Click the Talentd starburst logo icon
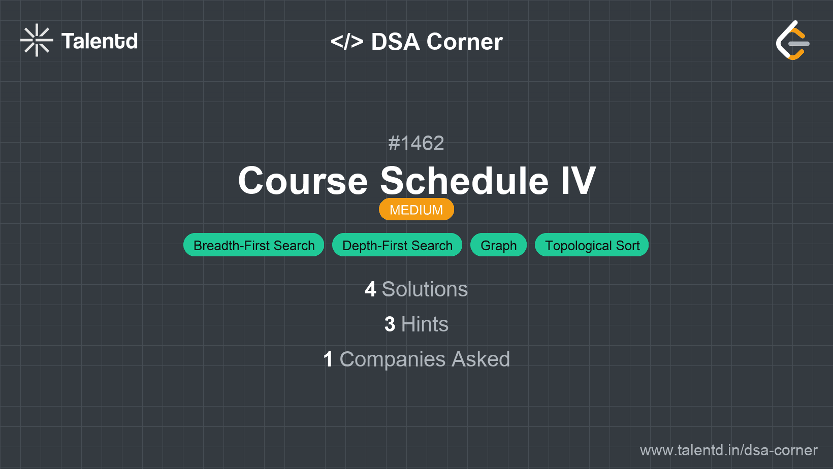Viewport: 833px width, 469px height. (x=37, y=40)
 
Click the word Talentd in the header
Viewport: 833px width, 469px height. (x=100, y=41)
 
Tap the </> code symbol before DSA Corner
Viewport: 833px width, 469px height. (x=347, y=41)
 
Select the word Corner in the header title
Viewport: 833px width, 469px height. (x=464, y=42)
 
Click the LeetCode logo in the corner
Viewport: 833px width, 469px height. (x=792, y=40)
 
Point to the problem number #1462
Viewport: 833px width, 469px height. (x=416, y=144)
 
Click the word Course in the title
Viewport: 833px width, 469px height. (x=303, y=181)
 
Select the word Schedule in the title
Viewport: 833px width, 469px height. (x=464, y=181)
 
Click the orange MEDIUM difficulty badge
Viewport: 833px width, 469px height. (x=416, y=210)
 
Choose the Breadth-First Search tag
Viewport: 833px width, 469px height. (x=253, y=245)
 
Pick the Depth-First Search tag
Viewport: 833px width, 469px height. (x=397, y=245)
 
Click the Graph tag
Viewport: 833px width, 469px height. (x=498, y=245)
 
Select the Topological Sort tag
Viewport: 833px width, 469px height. (x=592, y=245)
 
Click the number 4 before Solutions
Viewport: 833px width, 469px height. (x=370, y=289)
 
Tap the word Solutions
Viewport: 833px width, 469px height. (x=425, y=289)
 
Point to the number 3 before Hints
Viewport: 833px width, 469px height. (x=390, y=324)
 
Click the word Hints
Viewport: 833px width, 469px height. (x=425, y=324)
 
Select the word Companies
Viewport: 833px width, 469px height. (x=392, y=360)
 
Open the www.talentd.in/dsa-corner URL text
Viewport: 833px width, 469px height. (x=728, y=450)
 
